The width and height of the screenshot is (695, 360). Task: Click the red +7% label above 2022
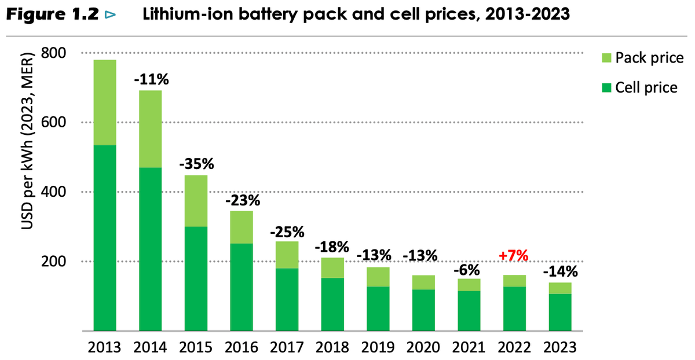[x=514, y=255]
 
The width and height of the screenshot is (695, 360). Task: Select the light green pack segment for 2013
[x=105, y=102]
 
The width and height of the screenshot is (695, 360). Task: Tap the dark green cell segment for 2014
[x=151, y=249]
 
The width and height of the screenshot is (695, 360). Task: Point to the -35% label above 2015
[x=196, y=164]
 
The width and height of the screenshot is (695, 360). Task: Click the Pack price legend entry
[x=641, y=58]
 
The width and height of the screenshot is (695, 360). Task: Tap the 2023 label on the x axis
[x=560, y=347]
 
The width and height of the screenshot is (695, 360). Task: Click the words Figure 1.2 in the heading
[x=52, y=16]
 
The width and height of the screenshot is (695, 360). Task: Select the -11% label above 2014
[x=151, y=79]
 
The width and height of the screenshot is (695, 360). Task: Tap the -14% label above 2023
[x=560, y=271]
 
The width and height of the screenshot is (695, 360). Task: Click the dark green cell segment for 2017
[x=287, y=299]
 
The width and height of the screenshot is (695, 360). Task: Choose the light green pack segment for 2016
[x=242, y=227]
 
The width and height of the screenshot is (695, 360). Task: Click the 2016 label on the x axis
[x=242, y=347]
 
